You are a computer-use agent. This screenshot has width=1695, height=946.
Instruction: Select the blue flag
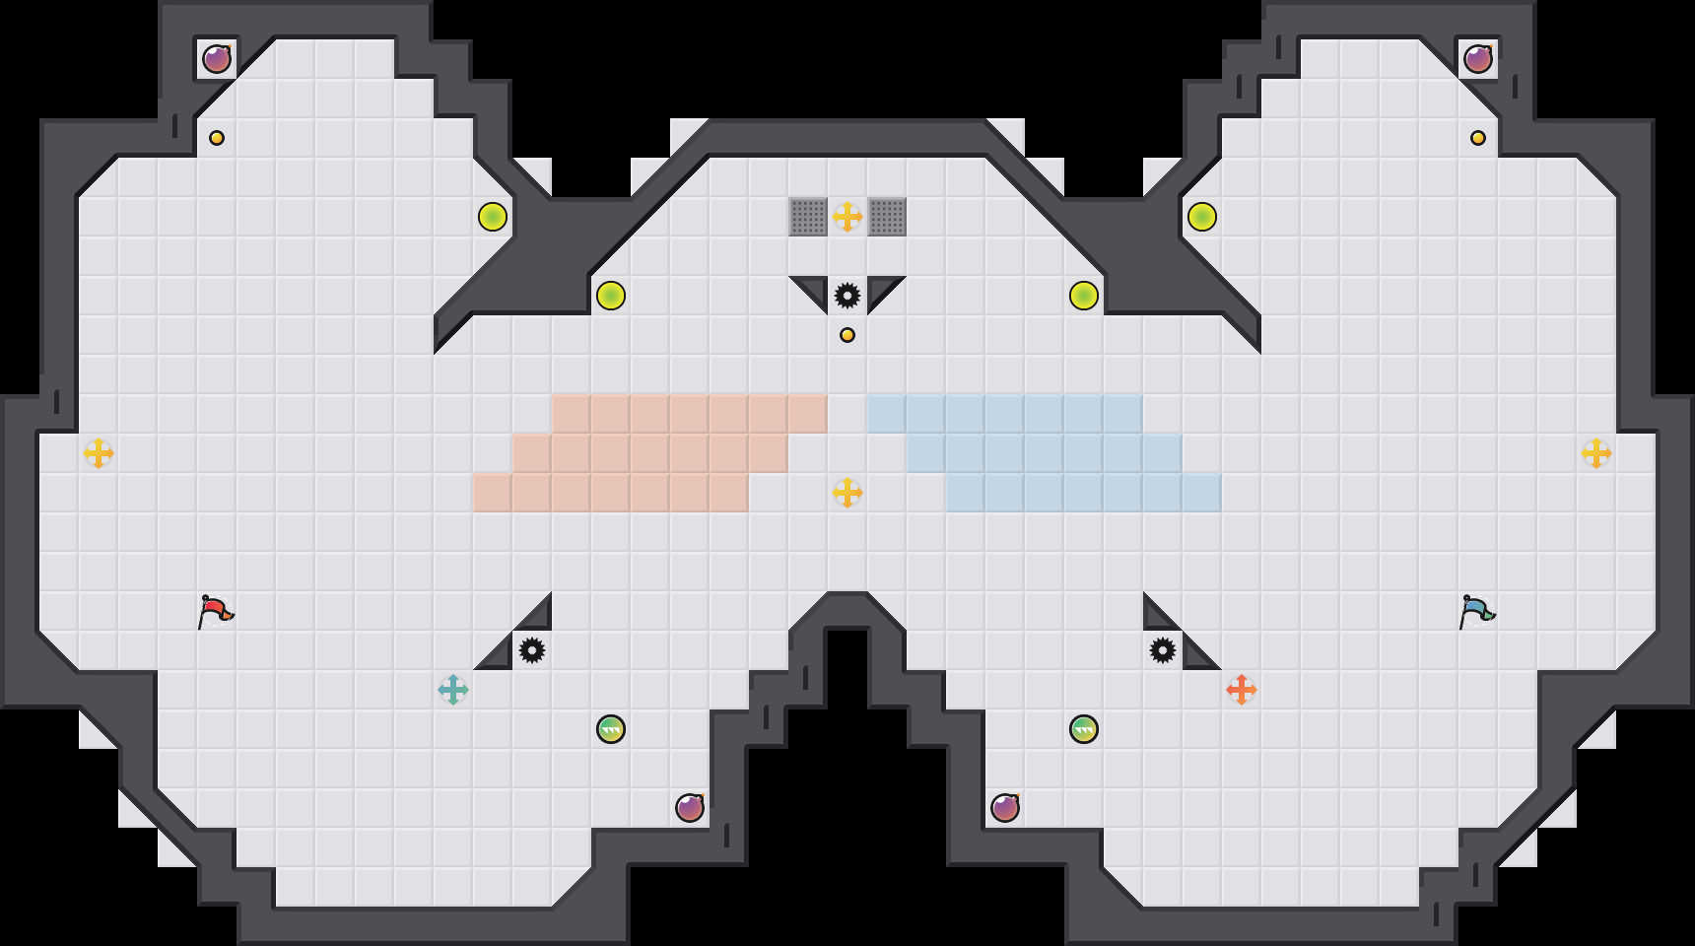pyautogui.click(x=1477, y=611)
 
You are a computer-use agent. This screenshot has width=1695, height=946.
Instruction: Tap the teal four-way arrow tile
pyautogui.click(x=453, y=690)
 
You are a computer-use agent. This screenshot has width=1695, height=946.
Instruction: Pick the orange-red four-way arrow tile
pyautogui.click(x=1242, y=690)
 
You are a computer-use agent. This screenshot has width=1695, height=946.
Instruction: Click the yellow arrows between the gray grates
pyautogui.click(x=847, y=217)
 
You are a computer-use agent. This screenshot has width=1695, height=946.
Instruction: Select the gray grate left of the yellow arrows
pyautogui.click(x=808, y=217)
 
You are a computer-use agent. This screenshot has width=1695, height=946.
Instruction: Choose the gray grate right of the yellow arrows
pyautogui.click(x=887, y=217)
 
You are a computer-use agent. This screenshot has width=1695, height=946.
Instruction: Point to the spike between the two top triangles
pyautogui.click(x=847, y=296)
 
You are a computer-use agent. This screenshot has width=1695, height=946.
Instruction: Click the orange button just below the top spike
pyautogui.click(x=847, y=335)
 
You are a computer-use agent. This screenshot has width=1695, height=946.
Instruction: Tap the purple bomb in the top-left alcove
pyautogui.click(x=217, y=59)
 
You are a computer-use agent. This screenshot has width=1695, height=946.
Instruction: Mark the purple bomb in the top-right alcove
pyautogui.click(x=1478, y=59)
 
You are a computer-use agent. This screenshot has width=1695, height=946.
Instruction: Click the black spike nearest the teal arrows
pyautogui.click(x=532, y=650)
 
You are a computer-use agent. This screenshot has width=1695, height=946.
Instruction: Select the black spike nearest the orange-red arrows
pyautogui.click(x=1163, y=650)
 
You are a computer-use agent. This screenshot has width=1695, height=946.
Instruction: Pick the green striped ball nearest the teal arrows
pyautogui.click(x=611, y=729)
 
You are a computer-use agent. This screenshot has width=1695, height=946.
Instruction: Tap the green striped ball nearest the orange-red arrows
pyautogui.click(x=1084, y=729)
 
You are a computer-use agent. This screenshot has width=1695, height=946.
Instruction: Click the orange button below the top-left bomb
pyautogui.click(x=217, y=138)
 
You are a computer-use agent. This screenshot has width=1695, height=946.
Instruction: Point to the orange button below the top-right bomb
pyautogui.click(x=1478, y=138)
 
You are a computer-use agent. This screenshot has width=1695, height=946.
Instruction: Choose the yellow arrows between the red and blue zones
pyautogui.click(x=847, y=493)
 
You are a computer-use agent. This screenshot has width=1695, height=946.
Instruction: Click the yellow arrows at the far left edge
pyautogui.click(x=99, y=453)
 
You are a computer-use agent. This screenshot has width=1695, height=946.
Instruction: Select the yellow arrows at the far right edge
pyautogui.click(x=1596, y=453)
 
